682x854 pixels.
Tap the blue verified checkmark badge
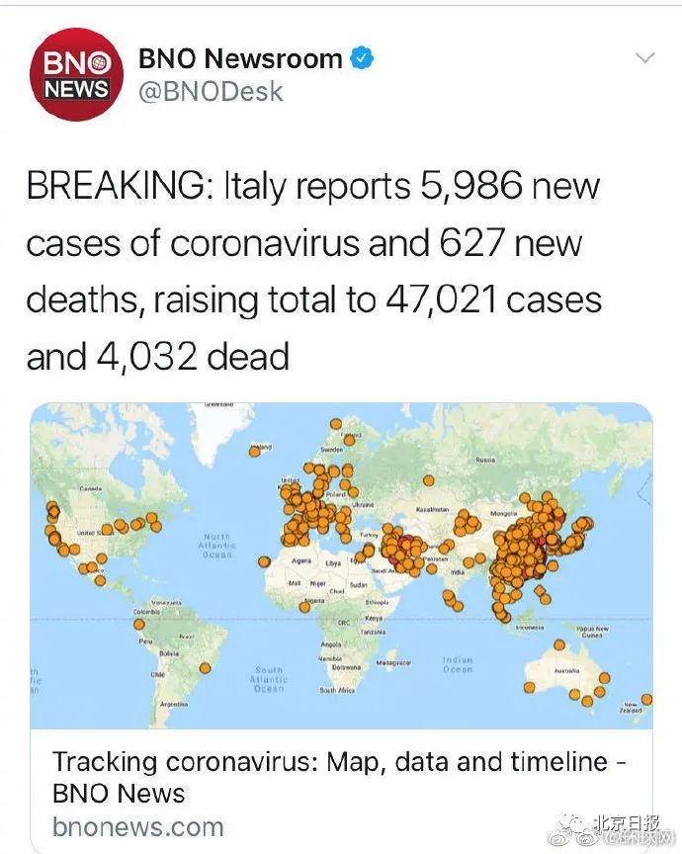[x=363, y=59]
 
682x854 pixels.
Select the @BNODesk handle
[x=211, y=92]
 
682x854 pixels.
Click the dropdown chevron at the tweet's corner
[x=643, y=58]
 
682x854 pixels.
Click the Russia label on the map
[x=485, y=460]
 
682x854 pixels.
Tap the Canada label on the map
[x=91, y=489]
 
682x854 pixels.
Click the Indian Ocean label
[x=457, y=664]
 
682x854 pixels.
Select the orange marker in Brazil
[x=206, y=667]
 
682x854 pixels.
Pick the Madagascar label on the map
[x=393, y=662]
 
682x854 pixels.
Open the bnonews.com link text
[x=137, y=825]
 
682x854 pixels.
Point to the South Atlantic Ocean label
[x=269, y=677]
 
